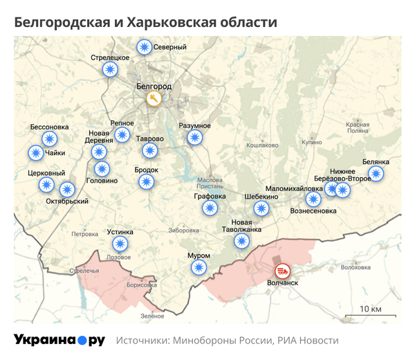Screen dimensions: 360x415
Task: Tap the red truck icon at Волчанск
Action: (x=283, y=271)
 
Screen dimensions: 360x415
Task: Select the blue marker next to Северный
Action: (x=145, y=47)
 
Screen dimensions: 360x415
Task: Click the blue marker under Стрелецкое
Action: (x=109, y=69)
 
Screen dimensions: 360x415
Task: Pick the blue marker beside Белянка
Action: (x=376, y=174)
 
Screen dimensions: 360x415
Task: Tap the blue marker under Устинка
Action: (x=120, y=244)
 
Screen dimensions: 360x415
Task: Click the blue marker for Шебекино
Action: (x=261, y=208)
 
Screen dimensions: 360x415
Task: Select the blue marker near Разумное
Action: (x=194, y=137)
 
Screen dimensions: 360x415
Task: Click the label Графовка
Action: (x=210, y=196)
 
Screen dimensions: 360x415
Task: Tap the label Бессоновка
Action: (x=50, y=127)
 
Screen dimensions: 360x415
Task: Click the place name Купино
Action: (x=312, y=142)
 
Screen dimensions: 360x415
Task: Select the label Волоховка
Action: (x=356, y=267)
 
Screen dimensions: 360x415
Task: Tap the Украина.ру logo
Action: (x=59, y=340)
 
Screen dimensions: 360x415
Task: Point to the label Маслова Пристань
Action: (x=210, y=181)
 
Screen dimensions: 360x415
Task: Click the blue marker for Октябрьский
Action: (x=67, y=189)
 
